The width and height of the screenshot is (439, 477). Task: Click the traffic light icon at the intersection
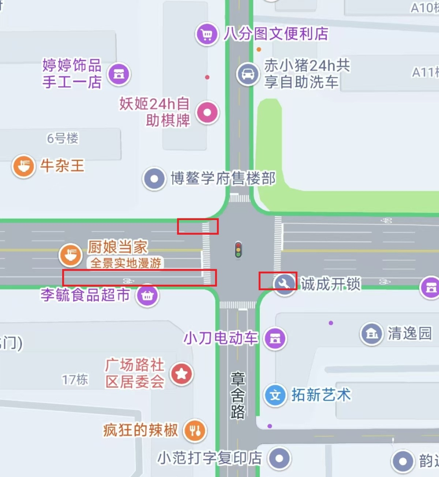(x=238, y=250)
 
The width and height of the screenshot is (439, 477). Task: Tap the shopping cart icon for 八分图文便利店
(x=207, y=35)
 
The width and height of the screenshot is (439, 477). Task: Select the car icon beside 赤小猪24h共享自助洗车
(x=248, y=74)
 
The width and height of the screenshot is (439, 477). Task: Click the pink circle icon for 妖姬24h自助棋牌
(x=207, y=112)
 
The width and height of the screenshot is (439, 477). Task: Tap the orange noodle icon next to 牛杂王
(x=24, y=166)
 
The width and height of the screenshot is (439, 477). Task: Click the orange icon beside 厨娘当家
(x=71, y=255)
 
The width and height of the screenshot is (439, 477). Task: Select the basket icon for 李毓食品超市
(x=147, y=296)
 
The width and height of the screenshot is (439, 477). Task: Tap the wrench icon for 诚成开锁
(x=285, y=283)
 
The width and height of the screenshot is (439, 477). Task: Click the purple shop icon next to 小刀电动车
(x=275, y=338)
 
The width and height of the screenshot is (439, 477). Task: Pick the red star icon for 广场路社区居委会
(x=181, y=373)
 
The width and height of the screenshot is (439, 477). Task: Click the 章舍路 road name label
(x=238, y=395)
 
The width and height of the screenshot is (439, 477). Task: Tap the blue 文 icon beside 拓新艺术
(x=275, y=395)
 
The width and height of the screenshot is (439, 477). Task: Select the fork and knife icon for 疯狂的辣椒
(x=195, y=430)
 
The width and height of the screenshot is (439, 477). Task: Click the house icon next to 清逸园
(x=372, y=334)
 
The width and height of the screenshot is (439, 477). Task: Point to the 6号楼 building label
(x=63, y=138)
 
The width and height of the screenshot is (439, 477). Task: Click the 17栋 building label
(x=75, y=380)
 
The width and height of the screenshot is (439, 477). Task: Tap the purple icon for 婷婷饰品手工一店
(x=119, y=74)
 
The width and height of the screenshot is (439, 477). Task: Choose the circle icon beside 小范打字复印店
(x=279, y=458)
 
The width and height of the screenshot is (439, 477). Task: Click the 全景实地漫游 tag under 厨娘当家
(x=126, y=263)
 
